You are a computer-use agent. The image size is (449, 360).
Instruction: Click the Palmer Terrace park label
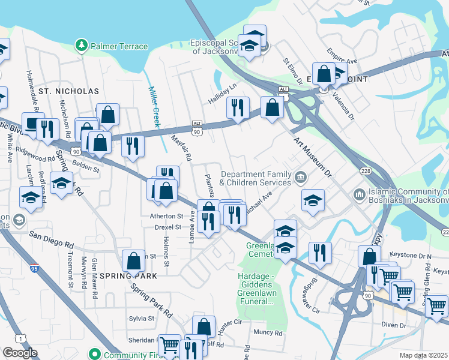tap(118, 46)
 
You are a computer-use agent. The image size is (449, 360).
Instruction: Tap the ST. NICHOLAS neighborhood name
tap(68, 91)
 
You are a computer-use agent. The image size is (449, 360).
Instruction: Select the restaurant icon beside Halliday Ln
tap(238, 108)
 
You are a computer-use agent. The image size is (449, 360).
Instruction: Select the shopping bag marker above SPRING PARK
tap(133, 261)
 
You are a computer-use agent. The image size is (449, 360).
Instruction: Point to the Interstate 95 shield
tap(35, 264)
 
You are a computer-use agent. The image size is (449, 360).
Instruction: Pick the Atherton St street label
tap(166, 215)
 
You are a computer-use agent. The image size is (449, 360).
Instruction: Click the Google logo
tap(20, 353)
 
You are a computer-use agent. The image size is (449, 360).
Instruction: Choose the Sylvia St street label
tap(142, 319)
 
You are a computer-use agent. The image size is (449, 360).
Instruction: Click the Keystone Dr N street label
tap(411, 256)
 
